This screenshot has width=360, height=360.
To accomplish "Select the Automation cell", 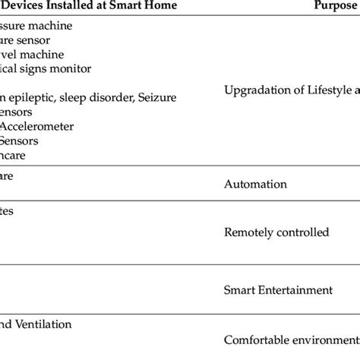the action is (x=256, y=184).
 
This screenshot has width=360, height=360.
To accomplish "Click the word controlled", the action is (x=303, y=232).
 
